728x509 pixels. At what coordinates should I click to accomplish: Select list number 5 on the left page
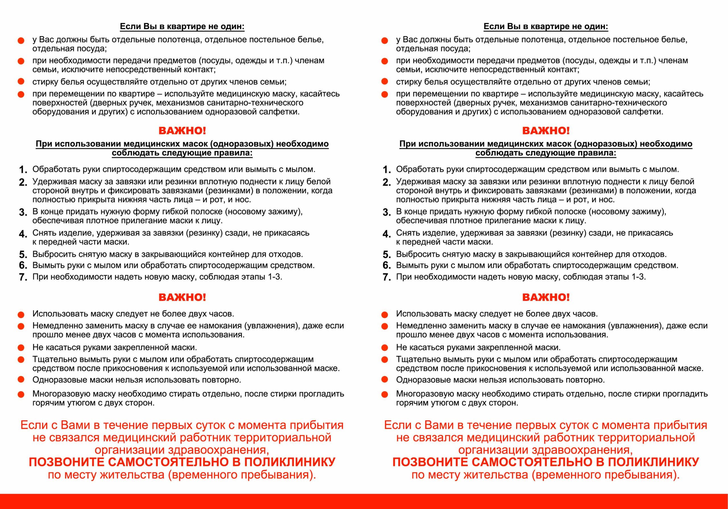pyautogui.click(x=23, y=254)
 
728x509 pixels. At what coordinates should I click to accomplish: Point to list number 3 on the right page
pyautogui.click(x=386, y=212)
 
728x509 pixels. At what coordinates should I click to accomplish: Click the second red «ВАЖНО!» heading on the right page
pyautogui.click(x=546, y=297)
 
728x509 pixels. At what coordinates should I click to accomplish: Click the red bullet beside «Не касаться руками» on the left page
pyautogui.click(x=21, y=348)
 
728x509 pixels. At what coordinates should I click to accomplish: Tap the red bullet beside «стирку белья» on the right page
pyautogui.click(x=384, y=82)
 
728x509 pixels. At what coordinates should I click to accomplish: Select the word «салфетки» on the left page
pyautogui.click(x=281, y=112)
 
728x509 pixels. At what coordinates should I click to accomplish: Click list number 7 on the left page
pyautogui.click(x=23, y=277)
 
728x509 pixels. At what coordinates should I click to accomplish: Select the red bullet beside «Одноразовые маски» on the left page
pyautogui.click(x=21, y=379)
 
